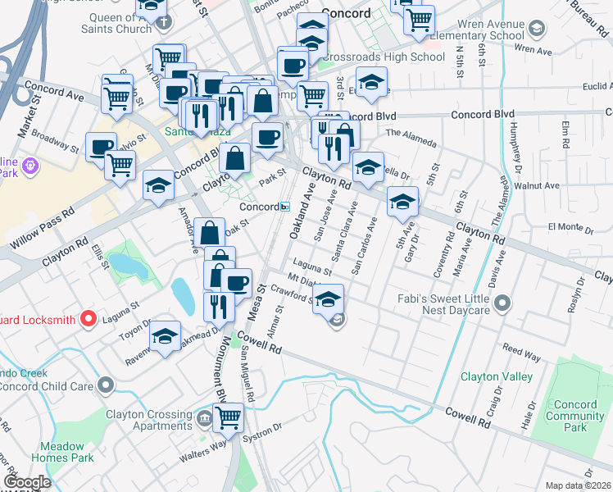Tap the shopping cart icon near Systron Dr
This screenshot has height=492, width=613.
(x=229, y=417)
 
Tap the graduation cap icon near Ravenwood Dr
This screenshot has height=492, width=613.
(x=165, y=336)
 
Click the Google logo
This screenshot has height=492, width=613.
(x=27, y=482)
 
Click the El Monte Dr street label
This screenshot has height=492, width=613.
(x=564, y=226)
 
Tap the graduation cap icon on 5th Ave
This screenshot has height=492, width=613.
(x=402, y=202)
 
